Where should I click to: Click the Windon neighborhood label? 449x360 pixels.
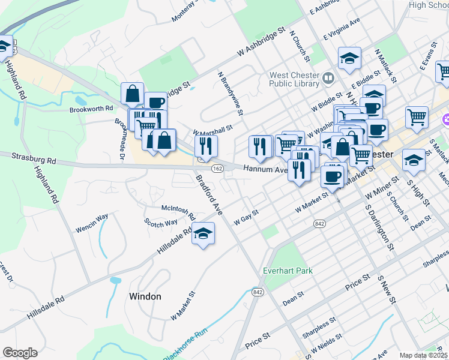tap(145, 296)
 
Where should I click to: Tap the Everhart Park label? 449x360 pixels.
tap(288, 271)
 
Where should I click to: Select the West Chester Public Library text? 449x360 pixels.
tap(294, 79)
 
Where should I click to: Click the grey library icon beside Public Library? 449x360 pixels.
tap(328, 77)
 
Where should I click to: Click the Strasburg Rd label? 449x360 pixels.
tap(34, 158)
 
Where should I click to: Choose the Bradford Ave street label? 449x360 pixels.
tap(210, 196)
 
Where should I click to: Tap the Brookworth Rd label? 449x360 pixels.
tap(91, 109)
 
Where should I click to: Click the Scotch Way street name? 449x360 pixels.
tap(161, 223)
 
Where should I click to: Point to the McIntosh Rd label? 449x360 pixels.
tap(178, 211)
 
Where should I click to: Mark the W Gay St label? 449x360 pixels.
tap(246, 217)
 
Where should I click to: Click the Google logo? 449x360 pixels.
tap(20, 353)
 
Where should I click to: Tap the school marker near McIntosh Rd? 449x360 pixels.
tap(203, 233)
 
